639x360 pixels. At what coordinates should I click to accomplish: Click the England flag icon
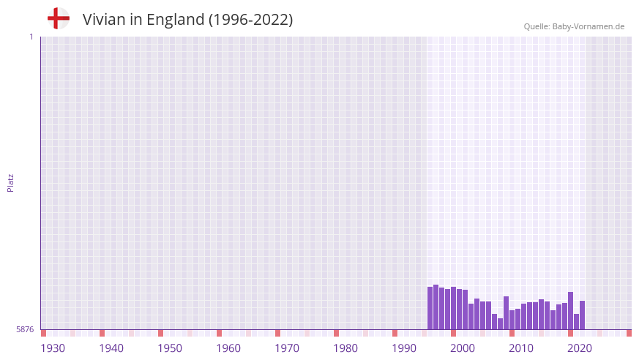point(59,19)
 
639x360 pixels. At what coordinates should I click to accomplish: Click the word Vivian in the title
point(103,20)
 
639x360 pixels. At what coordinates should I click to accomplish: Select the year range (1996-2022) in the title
point(250,20)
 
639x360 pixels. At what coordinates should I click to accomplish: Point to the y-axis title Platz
point(10,182)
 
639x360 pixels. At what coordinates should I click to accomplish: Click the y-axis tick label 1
point(31,37)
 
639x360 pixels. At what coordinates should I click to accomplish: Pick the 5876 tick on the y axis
point(25,330)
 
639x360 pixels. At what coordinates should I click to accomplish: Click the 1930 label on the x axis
point(53,348)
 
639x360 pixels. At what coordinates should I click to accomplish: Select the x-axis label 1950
point(170,348)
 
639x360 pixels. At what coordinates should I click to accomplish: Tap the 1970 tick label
point(287,348)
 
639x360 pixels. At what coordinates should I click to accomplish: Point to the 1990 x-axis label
point(404,348)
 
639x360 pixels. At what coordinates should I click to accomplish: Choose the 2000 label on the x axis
point(463,348)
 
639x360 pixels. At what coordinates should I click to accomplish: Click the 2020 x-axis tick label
point(580,348)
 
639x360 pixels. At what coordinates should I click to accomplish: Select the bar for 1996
point(430,308)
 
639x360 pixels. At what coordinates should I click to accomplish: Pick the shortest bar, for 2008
point(501,324)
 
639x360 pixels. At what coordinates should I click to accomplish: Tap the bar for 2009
point(507,313)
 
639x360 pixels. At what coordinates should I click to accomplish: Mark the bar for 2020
point(571,311)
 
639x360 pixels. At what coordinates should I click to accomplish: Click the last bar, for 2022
point(583,315)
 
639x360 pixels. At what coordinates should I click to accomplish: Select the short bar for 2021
point(577,322)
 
